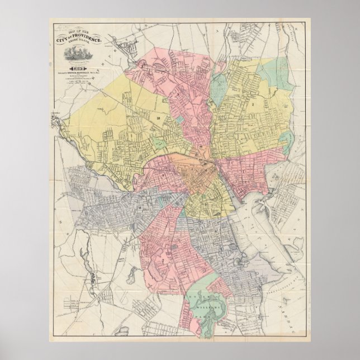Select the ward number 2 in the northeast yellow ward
point(253,104)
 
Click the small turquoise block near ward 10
point(179,119)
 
